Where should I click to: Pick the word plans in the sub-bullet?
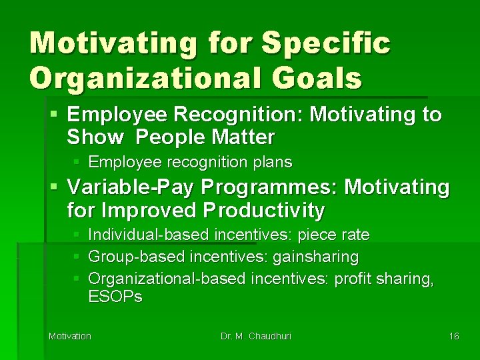272,162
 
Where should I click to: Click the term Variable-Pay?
124,187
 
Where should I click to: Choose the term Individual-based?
148,235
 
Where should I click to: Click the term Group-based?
137,257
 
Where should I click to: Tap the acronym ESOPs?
115,297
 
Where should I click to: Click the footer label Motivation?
70,336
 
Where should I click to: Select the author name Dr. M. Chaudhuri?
256,336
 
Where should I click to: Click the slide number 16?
453,336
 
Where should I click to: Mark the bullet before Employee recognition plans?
78,162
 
